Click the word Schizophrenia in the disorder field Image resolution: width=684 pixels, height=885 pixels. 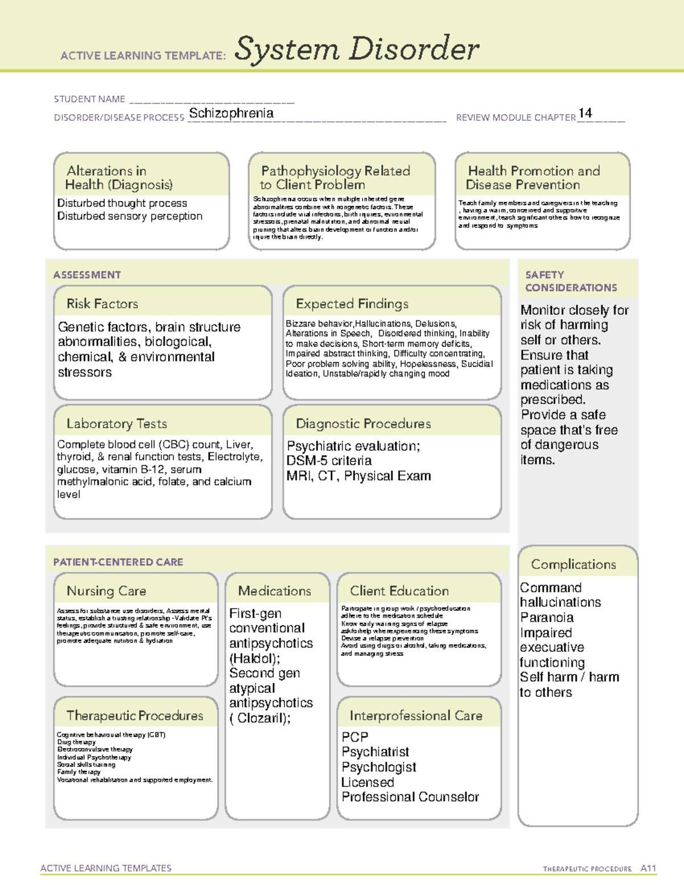[x=231, y=113]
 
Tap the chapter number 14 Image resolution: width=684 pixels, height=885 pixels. [x=585, y=113]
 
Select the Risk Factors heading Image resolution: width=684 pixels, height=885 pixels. [x=102, y=304]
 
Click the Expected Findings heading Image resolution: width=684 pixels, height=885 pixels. [x=352, y=304]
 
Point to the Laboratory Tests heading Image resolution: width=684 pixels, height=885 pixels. [x=116, y=423]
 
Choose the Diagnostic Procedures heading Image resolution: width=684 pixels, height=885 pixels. [x=363, y=423]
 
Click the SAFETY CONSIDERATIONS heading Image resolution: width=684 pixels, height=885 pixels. [x=571, y=282]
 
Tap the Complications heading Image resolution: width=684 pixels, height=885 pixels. [x=573, y=564]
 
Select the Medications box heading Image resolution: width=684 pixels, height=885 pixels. [x=274, y=591]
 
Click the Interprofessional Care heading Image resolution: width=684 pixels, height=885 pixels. [x=416, y=716]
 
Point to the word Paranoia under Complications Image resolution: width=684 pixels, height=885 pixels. [x=547, y=618]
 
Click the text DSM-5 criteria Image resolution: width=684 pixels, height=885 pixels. [x=329, y=460]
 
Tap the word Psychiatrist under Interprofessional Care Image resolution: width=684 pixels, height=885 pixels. [x=375, y=752]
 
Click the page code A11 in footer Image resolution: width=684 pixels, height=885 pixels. [x=648, y=868]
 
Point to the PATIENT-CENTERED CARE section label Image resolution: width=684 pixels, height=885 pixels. [x=118, y=562]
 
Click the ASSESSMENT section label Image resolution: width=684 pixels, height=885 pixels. [x=87, y=275]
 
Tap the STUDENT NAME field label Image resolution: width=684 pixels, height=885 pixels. [x=89, y=99]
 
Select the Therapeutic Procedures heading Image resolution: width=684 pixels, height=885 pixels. [x=135, y=716]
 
